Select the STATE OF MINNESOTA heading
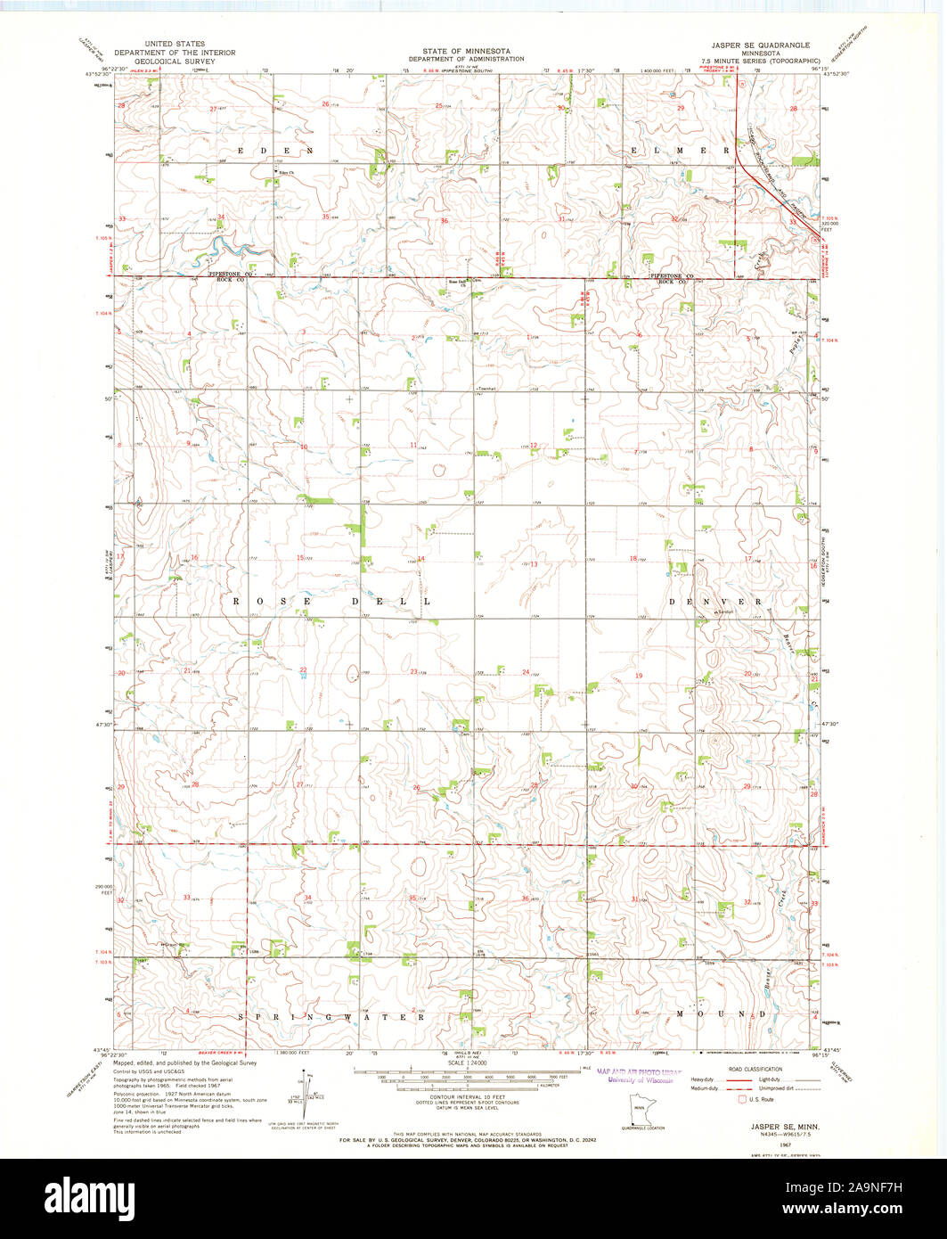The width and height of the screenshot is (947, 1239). [460, 52]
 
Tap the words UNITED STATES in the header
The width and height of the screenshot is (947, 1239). [176, 44]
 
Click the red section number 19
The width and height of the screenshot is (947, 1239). [638, 677]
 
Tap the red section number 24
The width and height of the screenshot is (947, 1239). [526, 671]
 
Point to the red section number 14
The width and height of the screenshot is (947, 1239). [420, 559]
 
